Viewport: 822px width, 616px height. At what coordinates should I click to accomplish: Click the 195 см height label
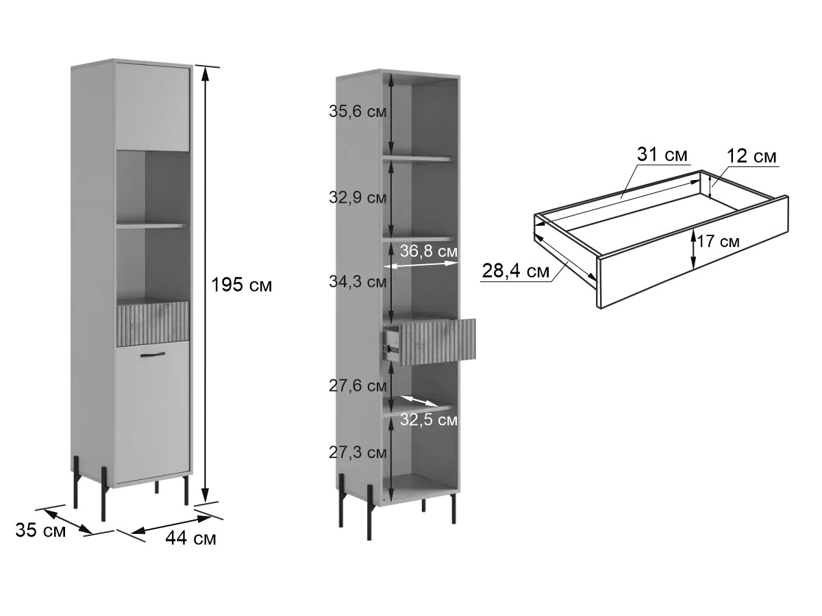pyautogui.click(x=242, y=285)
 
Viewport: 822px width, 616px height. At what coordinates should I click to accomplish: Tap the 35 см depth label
pyautogui.click(x=40, y=530)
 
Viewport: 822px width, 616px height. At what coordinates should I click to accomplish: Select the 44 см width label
pyautogui.click(x=190, y=539)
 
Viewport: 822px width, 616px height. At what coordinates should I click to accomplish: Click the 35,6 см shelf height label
pyautogui.click(x=358, y=112)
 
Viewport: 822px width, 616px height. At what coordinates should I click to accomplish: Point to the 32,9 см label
pyautogui.click(x=358, y=197)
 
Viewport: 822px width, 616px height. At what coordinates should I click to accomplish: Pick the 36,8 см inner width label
pyautogui.click(x=428, y=251)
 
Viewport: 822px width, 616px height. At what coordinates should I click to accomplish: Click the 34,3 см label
pyautogui.click(x=358, y=281)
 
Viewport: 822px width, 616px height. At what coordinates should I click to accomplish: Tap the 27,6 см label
pyautogui.click(x=358, y=385)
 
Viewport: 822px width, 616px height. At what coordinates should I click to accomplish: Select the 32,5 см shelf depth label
pyautogui.click(x=428, y=420)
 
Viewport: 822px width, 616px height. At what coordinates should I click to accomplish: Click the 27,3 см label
pyautogui.click(x=358, y=452)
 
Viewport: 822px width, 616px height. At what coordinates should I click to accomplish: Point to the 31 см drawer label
pyautogui.click(x=662, y=154)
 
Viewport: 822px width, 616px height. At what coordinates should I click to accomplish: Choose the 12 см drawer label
pyautogui.click(x=751, y=155)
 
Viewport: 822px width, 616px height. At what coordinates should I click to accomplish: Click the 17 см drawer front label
pyautogui.click(x=718, y=241)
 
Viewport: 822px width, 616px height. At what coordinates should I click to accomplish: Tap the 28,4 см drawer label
pyautogui.click(x=515, y=270)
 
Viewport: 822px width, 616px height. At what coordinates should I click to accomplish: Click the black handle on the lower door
pyautogui.click(x=153, y=354)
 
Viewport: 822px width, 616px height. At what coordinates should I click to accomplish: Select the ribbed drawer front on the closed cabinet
pyautogui.click(x=153, y=323)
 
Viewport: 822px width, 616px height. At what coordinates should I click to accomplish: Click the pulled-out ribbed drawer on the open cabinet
pyautogui.click(x=438, y=342)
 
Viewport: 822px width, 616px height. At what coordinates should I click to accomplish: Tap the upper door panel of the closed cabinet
pyautogui.click(x=153, y=107)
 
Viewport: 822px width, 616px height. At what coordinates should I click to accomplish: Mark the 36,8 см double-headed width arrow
pyautogui.click(x=421, y=265)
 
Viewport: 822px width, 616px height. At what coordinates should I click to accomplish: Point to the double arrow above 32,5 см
pyautogui.click(x=419, y=400)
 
